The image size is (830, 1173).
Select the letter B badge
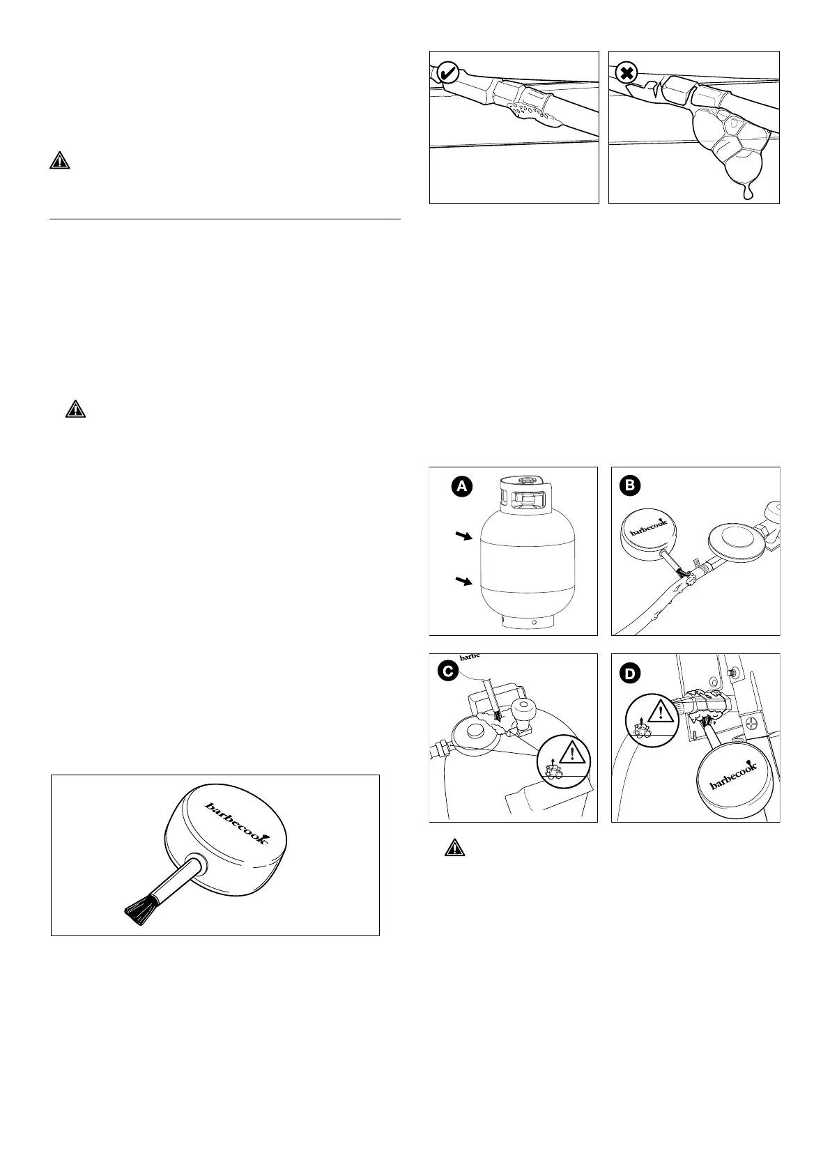coord(629,486)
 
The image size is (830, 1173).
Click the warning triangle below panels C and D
coord(454,848)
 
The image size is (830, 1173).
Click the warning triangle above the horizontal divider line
coord(60,162)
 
